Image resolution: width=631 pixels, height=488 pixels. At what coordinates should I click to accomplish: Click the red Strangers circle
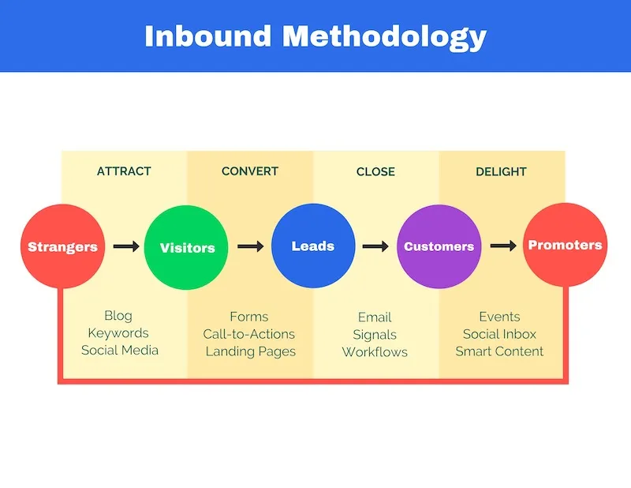click(62, 246)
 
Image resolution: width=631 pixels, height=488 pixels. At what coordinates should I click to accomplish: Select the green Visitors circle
click(187, 246)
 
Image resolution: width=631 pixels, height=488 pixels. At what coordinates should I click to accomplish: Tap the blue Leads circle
click(313, 246)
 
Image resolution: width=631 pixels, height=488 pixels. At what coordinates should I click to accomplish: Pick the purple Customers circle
click(439, 246)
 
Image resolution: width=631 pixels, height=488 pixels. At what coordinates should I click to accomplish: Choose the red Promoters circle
click(565, 245)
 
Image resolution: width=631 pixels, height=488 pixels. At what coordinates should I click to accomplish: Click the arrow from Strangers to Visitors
click(126, 246)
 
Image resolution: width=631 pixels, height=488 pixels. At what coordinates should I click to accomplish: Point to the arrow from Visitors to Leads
click(251, 246)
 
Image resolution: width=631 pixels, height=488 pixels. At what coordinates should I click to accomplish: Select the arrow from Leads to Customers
click(375, 246)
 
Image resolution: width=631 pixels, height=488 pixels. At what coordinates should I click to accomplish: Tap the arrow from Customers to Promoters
click(502, 246)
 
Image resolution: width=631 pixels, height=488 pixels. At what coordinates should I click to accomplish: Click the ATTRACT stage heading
click(124, 171)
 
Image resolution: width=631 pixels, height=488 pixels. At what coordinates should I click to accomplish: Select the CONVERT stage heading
click(250, 171)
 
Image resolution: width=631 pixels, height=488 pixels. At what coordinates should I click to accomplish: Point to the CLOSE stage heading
click(375, 171)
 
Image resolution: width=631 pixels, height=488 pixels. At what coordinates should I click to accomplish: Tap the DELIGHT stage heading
click(501, 171)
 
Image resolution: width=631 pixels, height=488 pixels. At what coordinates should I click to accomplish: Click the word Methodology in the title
click(385, 36)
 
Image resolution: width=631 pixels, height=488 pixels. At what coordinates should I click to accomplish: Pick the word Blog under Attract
click(118, 317)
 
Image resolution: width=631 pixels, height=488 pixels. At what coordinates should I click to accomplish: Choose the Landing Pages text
click(250, 351)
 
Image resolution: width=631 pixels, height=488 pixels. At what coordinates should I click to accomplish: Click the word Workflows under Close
click(375, 351)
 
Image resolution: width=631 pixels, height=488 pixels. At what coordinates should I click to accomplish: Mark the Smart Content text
click(500, 351)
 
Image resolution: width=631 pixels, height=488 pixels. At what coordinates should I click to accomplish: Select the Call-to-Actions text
click(249, 334)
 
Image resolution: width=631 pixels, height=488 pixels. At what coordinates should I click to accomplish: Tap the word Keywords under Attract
click(118, 334)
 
